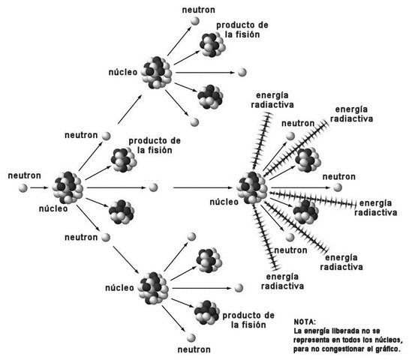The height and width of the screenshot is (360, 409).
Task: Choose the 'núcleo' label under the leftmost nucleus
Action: coord(53,209)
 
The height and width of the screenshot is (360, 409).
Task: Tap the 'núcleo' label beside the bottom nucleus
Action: coord(121,286)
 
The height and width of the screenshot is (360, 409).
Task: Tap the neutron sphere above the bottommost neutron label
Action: coord(193,336)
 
